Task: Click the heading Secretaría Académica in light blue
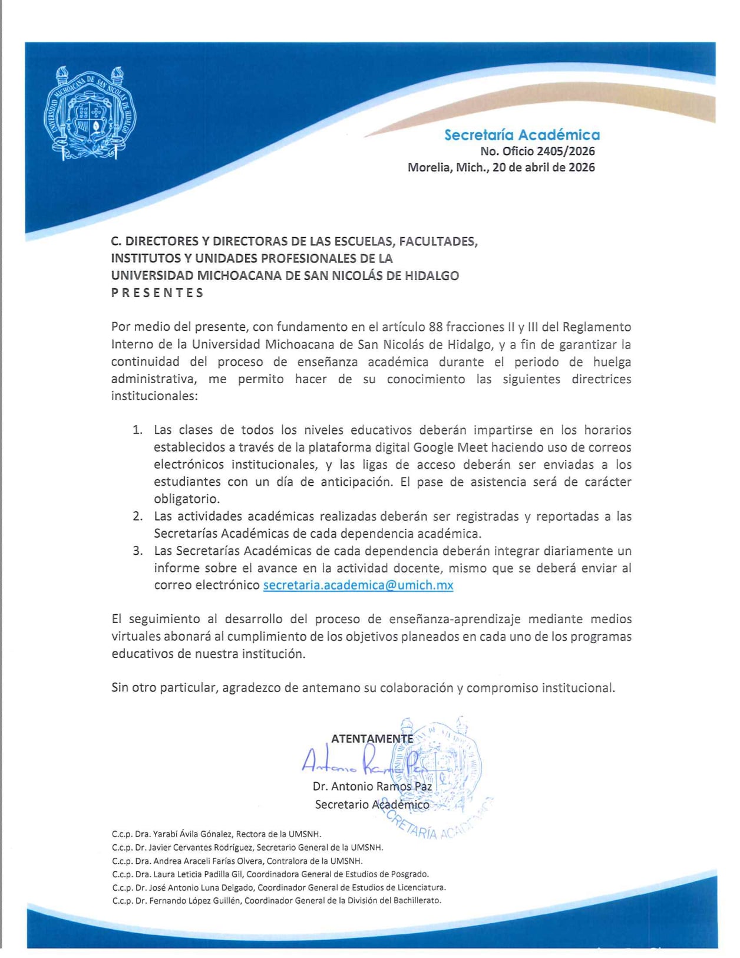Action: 521,135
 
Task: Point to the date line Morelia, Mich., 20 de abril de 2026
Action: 501,167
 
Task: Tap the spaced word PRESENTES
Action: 157,293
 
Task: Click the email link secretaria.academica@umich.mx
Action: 358,585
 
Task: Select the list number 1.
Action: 137,430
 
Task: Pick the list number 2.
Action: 137,516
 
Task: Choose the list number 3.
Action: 137,551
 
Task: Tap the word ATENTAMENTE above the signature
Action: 372,739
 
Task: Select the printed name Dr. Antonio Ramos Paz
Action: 372,786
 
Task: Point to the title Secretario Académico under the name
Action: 372,805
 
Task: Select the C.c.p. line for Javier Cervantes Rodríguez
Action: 247,848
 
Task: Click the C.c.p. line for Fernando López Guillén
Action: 276,901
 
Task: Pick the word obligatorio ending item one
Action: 187,499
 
